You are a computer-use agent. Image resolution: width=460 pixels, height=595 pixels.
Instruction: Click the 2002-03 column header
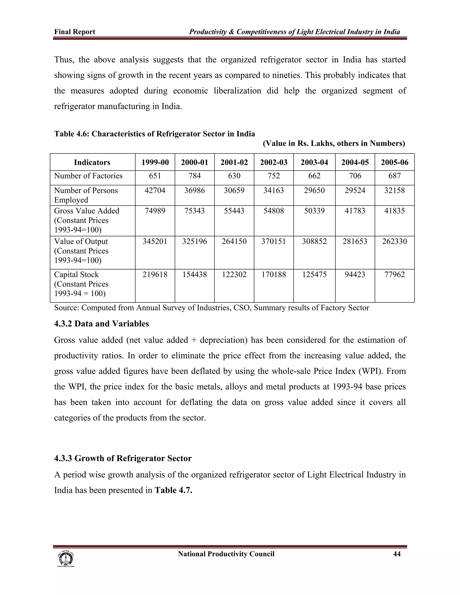click(x=274, y=162)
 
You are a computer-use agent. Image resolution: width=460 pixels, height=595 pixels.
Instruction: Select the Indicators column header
click(x=92, y=162)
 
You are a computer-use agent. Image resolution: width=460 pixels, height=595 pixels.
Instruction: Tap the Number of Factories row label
click(x=88, y=176)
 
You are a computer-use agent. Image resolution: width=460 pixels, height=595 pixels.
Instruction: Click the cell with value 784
click(x=195, y=176)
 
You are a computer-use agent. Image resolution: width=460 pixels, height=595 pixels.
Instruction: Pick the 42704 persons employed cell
click(x=155, y=190)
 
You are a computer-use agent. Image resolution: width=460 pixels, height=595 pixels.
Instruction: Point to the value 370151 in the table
click(x=274, y=241)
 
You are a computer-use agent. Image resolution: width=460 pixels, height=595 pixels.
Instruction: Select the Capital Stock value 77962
click(x=394, y=274)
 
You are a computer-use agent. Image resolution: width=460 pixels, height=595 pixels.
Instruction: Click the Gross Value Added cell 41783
click(x=355, y=211)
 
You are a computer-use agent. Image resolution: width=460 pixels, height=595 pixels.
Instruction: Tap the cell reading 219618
click(x=155, y=274)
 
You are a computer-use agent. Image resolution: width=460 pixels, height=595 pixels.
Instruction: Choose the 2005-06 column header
click(x=394, y=162)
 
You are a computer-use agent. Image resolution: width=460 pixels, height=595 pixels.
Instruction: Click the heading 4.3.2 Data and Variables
click(x=101, y=324)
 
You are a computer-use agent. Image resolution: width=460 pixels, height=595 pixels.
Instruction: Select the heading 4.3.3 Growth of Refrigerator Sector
click(x=123, y=458)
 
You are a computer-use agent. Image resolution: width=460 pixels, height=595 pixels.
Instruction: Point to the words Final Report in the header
click(x=75, y=32)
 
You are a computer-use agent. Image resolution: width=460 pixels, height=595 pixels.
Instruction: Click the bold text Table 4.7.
click(x=173, y=490)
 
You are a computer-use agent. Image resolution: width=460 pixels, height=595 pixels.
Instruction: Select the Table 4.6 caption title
click(x=155, y=134)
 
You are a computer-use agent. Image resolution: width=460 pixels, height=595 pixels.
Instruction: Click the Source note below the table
click(x=211, y=308)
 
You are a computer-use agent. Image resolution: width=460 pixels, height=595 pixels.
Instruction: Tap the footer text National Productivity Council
click(x=226, y=554)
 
